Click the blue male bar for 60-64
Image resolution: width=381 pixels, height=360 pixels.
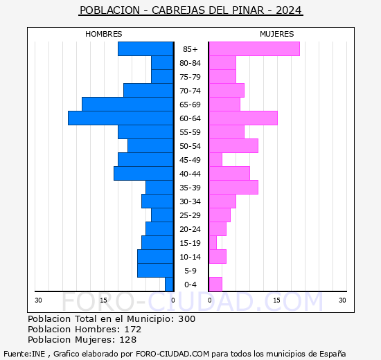121,118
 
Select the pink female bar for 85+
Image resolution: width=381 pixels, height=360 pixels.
254,49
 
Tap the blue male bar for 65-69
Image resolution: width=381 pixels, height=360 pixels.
127,105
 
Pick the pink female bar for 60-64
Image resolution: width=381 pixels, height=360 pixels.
243,118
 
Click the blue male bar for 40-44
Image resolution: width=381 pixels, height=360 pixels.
143,174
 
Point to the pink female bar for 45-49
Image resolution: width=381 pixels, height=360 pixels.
215,160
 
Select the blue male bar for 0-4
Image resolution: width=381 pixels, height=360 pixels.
169,285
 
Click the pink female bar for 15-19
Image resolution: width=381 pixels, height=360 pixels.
213,243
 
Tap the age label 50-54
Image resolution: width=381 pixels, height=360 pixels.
190,146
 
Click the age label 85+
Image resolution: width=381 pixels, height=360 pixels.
190,49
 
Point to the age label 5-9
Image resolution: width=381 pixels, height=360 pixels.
190,271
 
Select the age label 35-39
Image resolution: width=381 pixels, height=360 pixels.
190,188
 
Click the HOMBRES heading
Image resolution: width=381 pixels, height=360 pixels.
103,34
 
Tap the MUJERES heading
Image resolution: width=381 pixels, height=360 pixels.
276,34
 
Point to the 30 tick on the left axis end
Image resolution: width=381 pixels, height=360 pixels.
39,300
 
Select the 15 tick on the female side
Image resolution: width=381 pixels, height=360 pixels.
276,300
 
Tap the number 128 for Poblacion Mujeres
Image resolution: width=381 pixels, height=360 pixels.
127,340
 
